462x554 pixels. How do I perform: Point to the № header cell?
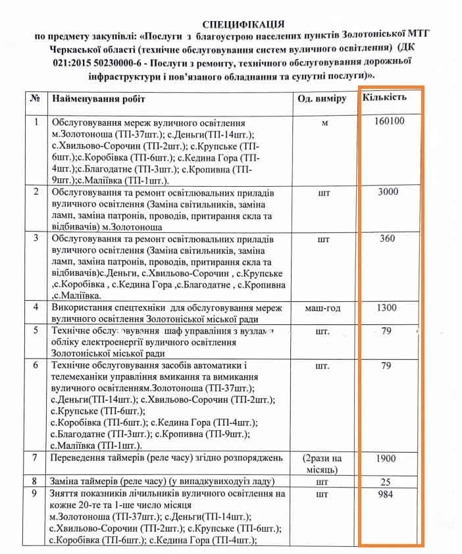click(36, 99)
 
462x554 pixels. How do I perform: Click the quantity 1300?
click(387, 307)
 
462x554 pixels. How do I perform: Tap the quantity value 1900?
click(387, 458)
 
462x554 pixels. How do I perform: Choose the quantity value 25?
click(387, 482)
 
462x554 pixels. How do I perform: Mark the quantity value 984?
click(387, 493)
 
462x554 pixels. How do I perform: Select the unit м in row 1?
click(322, 123)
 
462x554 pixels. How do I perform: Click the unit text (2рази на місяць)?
click(322, 463)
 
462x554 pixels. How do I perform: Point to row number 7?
click(35, 457)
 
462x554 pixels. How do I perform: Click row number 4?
click(35, 307)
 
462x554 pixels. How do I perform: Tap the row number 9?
click(35, 493)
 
